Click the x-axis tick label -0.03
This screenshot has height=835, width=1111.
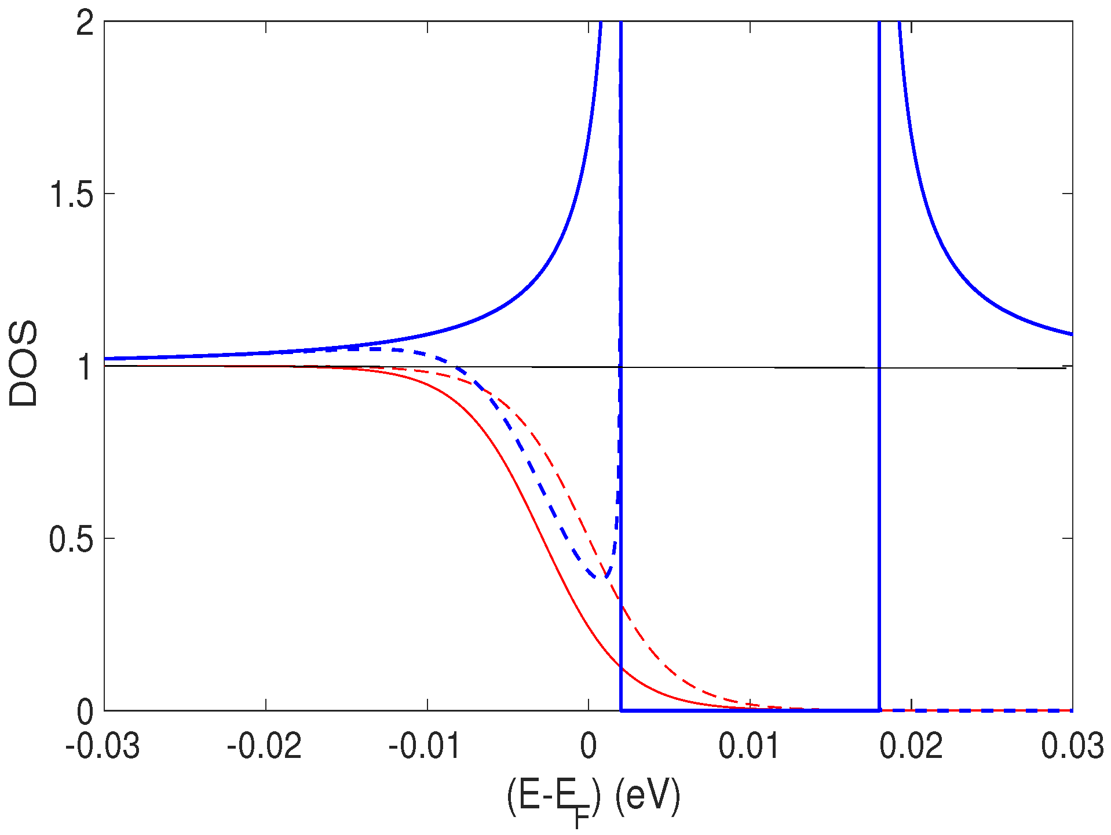click(103, 746)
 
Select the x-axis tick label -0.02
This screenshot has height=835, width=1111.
click(264, 746)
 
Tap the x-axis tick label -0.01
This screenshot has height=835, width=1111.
click(425, 746)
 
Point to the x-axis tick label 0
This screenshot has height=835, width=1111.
click(589, 746)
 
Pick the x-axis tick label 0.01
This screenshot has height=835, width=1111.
click(750, 746)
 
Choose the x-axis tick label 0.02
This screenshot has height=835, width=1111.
click(911, 746)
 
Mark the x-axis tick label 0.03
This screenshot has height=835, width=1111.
click(1072, 746)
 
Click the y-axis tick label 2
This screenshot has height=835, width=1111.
click(85, 24)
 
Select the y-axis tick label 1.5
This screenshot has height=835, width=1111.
click(71, 195)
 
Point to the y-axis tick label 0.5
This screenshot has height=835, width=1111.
click(71, 539)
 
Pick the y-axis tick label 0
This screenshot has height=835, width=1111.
click(85, 712)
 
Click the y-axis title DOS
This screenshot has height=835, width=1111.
click(24, 364)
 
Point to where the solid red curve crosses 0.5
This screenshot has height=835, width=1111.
click(542, 538)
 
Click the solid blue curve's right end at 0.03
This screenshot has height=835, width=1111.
click(1072, 334)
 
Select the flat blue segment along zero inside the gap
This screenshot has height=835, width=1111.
click(750, 710)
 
